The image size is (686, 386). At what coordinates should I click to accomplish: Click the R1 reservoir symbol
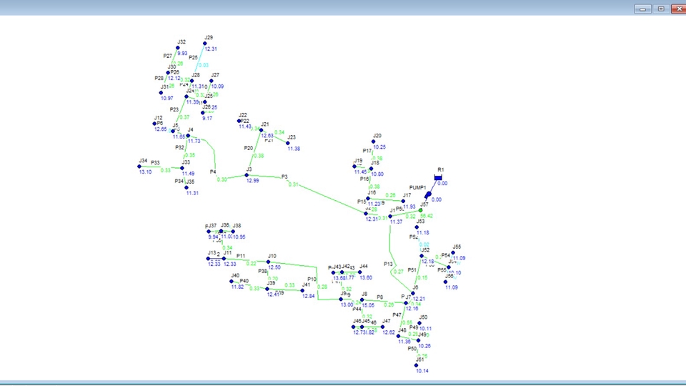[439, 177]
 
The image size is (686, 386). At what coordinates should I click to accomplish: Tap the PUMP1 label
[418, 187]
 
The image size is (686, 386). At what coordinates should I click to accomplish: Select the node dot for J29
[205, 44]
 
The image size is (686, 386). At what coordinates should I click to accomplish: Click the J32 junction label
[182, 42]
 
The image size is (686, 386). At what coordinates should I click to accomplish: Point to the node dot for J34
[139, 167]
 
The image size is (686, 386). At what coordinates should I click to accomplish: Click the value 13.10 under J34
[145, 172]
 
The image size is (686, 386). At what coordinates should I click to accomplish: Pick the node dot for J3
[247, 175]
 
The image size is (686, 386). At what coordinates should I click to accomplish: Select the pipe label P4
[213, 172]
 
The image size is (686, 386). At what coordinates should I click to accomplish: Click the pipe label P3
[284, 177]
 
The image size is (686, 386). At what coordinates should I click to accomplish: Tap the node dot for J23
[289, 142]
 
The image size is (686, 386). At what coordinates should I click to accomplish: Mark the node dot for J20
[374, 141]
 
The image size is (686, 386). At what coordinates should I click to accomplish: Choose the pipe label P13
[388, 264]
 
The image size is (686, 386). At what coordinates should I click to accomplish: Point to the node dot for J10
[268, 262]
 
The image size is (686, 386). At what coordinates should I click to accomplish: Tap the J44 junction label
[364, 266]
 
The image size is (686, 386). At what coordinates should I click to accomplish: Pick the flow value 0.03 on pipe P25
[204, 65]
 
